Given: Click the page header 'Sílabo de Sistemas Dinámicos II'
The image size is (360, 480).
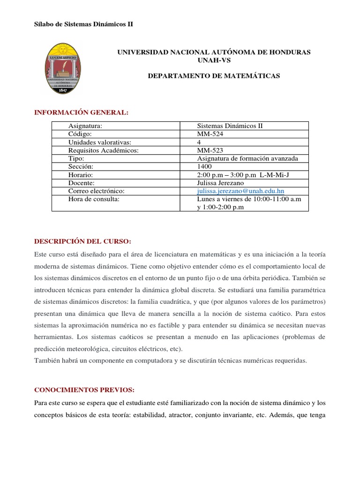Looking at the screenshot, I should [x=84, y=24].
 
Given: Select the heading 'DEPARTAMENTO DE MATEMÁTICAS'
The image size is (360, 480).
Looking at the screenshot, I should [x=214, y=75].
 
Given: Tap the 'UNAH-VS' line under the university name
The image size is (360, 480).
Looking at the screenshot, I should [x=214, y=60].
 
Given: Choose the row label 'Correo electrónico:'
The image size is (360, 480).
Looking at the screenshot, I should [x=97, y=191].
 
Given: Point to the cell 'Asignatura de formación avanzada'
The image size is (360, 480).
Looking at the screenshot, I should [x=247, y=158].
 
